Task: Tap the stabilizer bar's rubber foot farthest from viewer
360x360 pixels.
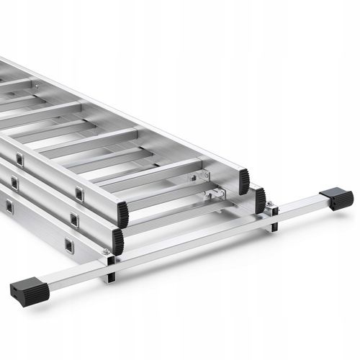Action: click(x=337, y=197)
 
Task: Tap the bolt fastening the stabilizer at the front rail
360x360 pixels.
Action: click(x=106, y=252)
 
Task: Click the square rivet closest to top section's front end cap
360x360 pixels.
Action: click(x=79, y=193)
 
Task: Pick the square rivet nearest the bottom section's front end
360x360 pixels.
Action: click(x=68, y=245)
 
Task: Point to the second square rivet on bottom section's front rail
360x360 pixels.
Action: click(x=9, y=207)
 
